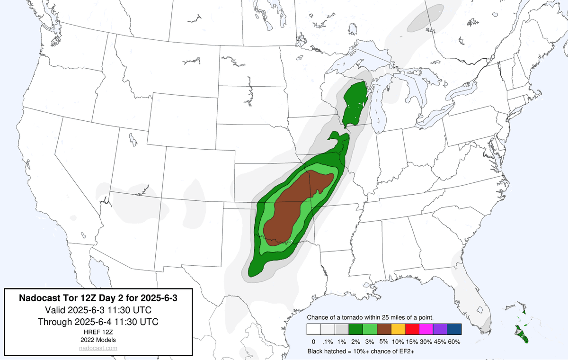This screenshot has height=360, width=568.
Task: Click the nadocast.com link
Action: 98,348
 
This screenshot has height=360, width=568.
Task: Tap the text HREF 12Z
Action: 98,332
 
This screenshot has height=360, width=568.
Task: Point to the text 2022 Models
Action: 98,340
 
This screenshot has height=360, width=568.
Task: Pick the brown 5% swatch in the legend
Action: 384,329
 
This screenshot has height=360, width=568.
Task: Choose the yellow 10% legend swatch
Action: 398,329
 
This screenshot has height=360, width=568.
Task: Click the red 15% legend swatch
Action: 412,329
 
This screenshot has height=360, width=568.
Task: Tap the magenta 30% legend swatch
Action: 426,329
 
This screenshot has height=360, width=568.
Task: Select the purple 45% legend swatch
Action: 440,329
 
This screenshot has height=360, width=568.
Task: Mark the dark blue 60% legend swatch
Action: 454,329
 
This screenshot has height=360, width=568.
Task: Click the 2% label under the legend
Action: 355,342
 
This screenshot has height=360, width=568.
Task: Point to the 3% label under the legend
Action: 370,342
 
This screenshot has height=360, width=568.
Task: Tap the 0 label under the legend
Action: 313,342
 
